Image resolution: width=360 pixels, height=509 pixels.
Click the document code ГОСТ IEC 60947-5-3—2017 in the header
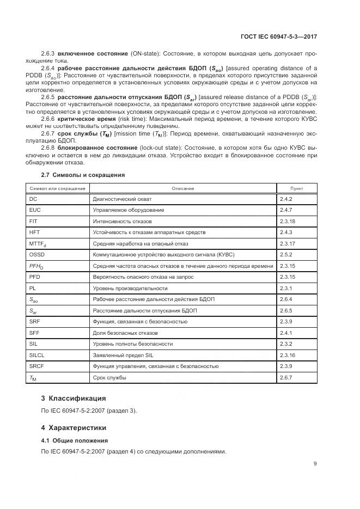pyautogui.click(x=278, y=36)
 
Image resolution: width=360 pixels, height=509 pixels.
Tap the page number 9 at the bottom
pyautogui.click(x=315, y=463)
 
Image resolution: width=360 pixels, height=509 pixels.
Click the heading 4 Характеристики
pyautogui.click(x=74, y=427)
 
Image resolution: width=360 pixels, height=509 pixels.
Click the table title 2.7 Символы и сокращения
pyautogui.click(x=83, y=175)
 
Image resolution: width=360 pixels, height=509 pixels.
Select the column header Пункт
pyautogui.click(x=297, y=188)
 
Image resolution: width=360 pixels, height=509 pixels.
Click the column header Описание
pyautogui.click(x=182, y=188)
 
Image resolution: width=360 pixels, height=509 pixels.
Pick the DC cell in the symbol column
pyautogui.click(x=33, y=199)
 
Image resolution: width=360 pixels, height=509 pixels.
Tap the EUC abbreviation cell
pyautogui.click(x=35, y=210)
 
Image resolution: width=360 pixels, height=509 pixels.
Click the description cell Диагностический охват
pyautogui.click(x=122, y=199)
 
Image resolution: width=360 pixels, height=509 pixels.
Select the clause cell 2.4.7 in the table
pyautogui.click(x=286, y=210)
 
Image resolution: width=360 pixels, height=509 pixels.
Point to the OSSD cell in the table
pyautogui.click(x=36, y=255)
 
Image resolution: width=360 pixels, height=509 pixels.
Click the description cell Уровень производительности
pyautogui.click(x=130, y=288)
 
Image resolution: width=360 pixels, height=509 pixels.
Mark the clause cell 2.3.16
pyautogui.click(x=287, y=355)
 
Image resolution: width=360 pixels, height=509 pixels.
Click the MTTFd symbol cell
pyautogui.click(x=38, y=244)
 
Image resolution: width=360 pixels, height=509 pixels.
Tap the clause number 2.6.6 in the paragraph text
pyautogui.click(x=48, y=118)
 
